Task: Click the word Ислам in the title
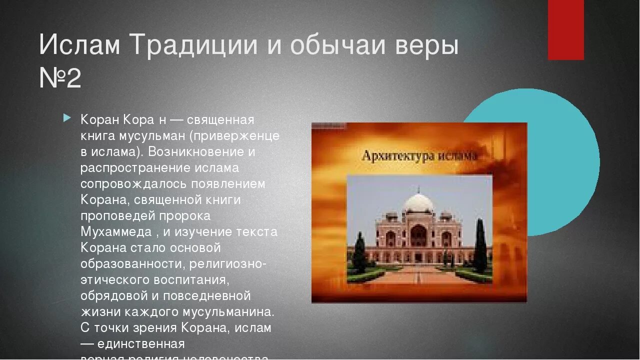click(x=79, y=45)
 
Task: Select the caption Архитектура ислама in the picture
click(x=419, y=155)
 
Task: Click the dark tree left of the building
click(x=359, y=252)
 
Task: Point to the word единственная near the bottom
click(x=141, y=344)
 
